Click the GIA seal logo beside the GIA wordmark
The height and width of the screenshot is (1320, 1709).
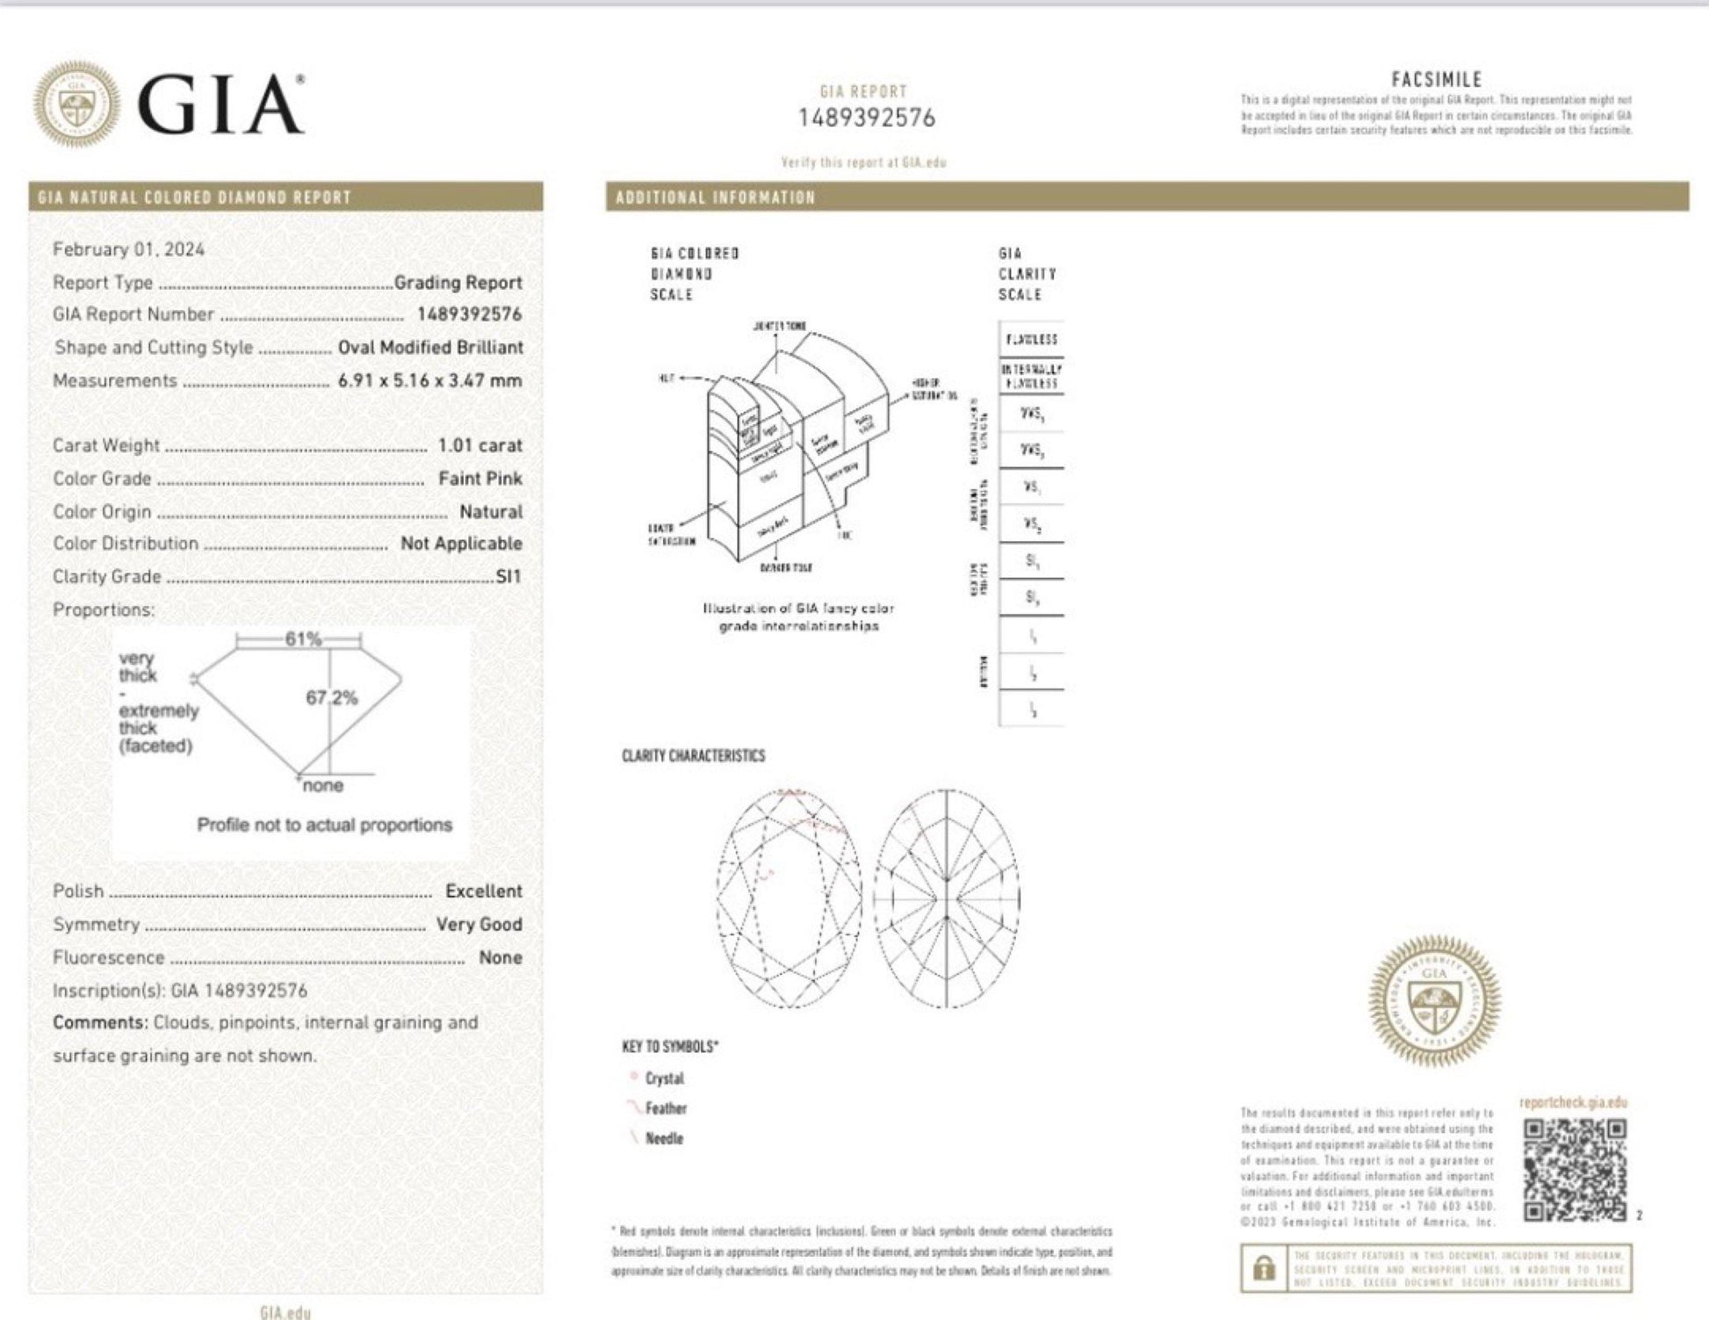point(76,104)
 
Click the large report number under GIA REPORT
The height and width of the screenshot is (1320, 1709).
point(866,119)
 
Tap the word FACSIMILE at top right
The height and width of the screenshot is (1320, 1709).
point(1436,80)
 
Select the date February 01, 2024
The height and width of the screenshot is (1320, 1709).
point(128,249)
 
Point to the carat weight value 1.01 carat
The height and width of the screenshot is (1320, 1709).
point(480,445)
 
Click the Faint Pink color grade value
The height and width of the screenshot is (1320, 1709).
point(480,479)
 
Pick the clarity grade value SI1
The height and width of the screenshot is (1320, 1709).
point(508,577)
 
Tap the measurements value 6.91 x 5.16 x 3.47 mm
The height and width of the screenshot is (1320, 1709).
point(429,381)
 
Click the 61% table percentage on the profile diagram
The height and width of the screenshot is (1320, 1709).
point(303,639)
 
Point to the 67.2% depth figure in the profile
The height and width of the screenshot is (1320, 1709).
point(331,698)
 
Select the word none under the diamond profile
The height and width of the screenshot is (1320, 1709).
point(322,786)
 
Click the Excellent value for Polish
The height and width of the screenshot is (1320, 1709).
point(483,891)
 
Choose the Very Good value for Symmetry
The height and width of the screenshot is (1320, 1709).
point(479,925)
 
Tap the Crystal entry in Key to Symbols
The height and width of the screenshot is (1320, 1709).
point(664,1078)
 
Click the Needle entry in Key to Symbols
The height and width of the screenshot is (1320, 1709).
point(663,1138)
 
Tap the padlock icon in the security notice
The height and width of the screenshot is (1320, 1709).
point(1264,1269)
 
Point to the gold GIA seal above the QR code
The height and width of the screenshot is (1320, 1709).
point(1434,1000)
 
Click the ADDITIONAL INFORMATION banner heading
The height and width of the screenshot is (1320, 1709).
point(716,198)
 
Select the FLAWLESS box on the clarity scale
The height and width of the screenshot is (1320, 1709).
point(1031,339)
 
